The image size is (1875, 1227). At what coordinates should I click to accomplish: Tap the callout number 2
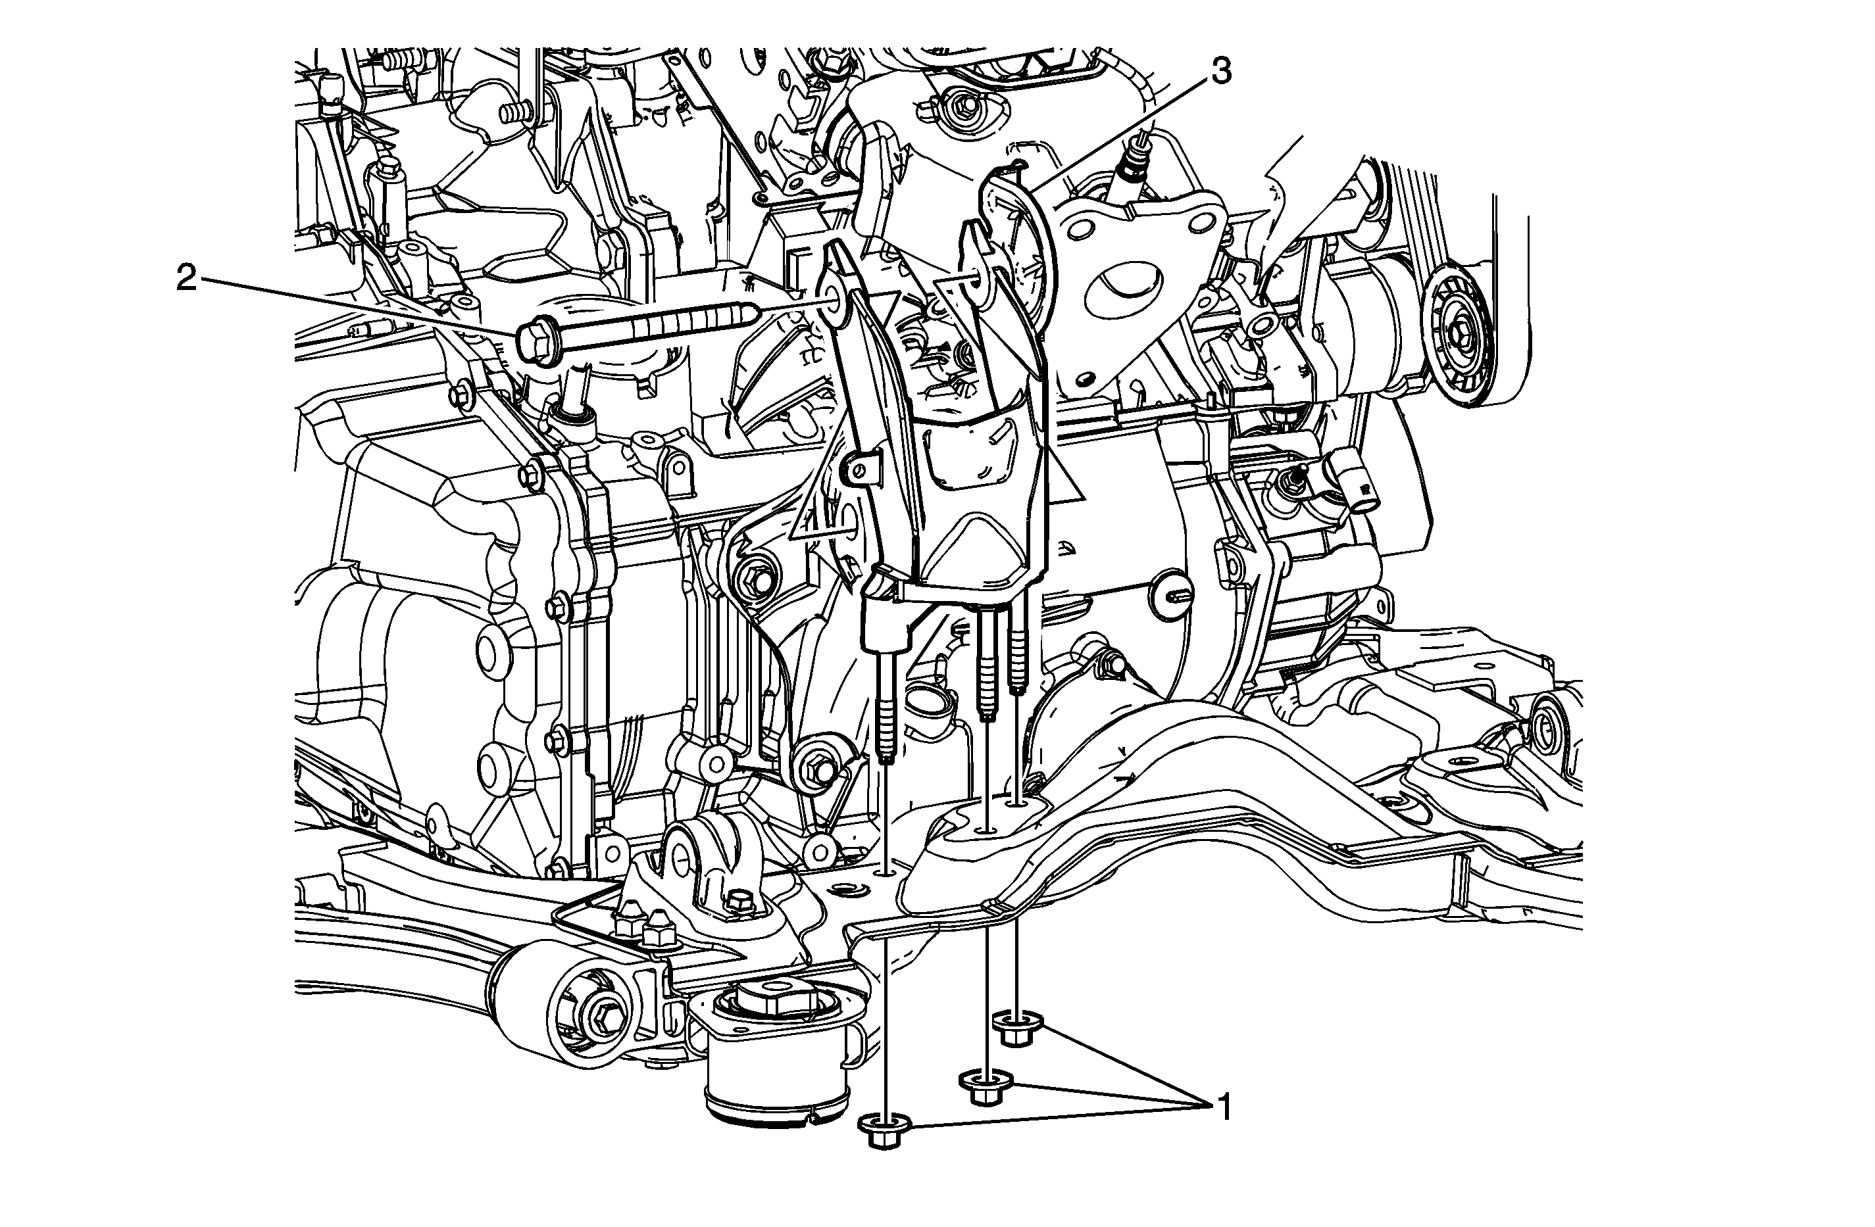click(187, 277)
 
